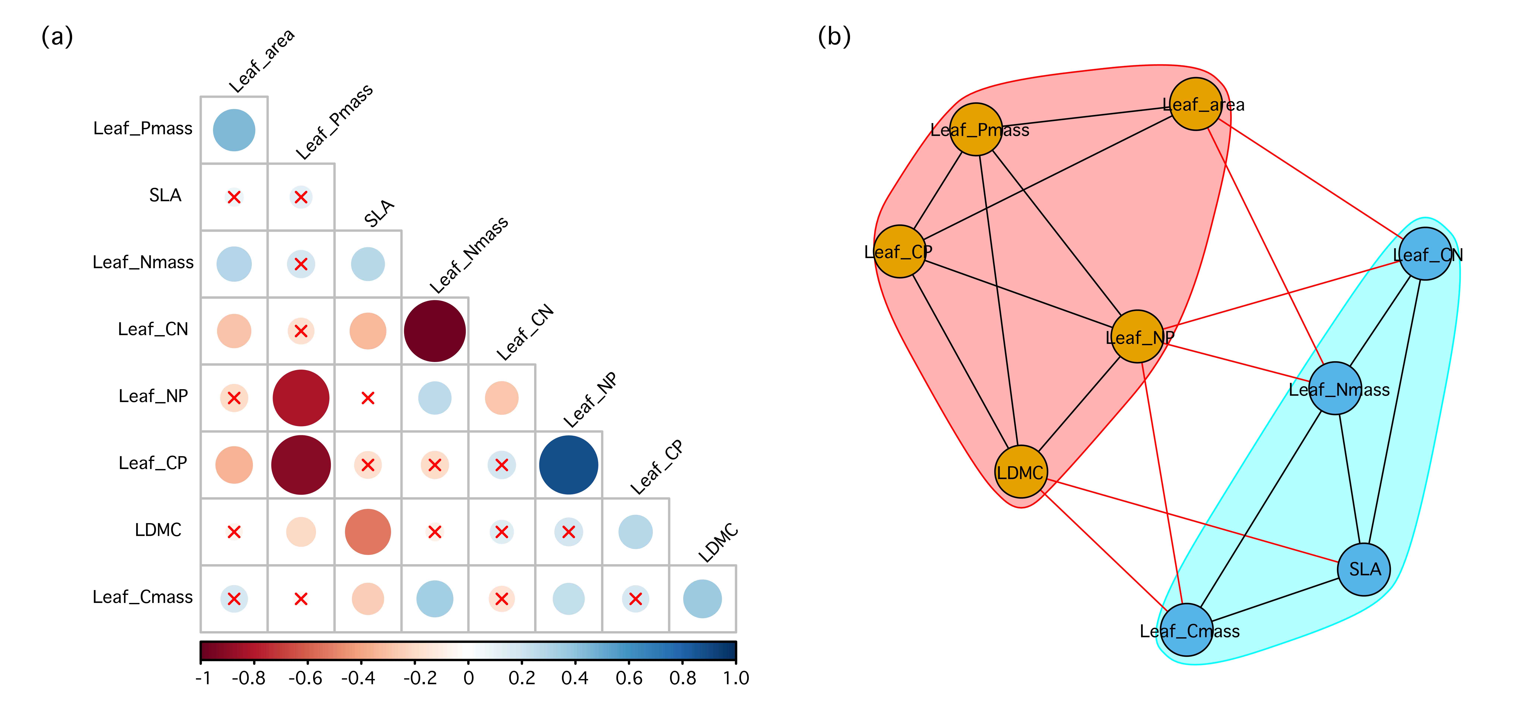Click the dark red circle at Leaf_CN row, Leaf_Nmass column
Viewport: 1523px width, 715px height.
(435, 331)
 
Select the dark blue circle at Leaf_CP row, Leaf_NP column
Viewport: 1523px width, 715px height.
(568, 465)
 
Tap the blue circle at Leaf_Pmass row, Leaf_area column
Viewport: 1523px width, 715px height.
(234, 130)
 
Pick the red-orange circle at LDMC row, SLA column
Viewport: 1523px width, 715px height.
(368, 532)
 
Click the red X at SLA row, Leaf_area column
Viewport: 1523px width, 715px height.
(234, 197)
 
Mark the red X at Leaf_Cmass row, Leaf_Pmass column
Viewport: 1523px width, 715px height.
(301, 599)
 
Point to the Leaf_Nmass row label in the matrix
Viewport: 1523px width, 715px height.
(143, 262)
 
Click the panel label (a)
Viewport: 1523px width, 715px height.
(57, 37)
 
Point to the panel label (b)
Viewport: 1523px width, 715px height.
(834, 37)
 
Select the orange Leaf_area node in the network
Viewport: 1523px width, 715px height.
(1196, 104)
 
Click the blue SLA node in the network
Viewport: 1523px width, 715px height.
(1364, 569)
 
